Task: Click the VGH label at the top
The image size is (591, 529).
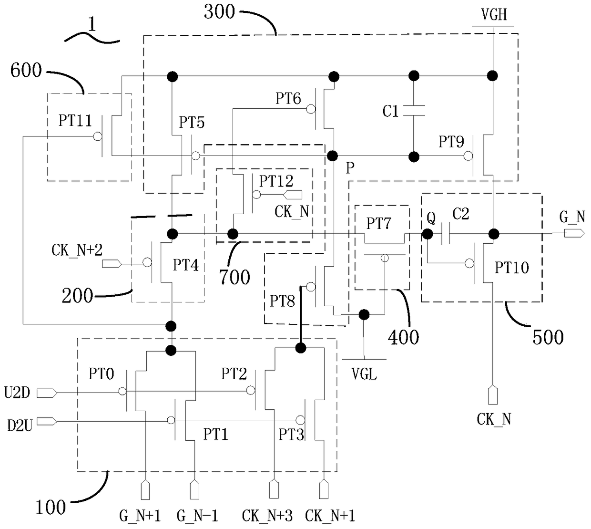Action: pos(494,14)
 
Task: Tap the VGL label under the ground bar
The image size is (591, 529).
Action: pos(364,373)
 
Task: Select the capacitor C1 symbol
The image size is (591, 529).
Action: pos(414,110)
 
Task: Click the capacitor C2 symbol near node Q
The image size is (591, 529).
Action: pos(446,233)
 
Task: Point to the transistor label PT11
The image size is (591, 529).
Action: pos(75,120)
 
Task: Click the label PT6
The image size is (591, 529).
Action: pos(288,98)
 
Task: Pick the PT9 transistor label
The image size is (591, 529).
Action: pos(451,142)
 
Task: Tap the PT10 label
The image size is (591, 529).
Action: pos(512,268)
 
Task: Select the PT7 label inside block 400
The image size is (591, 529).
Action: pos(378,224)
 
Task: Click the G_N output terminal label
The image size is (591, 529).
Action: pos(572,217)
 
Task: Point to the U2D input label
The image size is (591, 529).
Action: pos(17,393)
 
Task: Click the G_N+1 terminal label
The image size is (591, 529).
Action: pos(140,516)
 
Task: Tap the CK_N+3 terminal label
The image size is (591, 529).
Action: pos(267,516)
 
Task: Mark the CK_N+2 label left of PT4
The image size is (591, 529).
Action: pos(77,250)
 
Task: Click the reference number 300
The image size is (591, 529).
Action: pos(219,12)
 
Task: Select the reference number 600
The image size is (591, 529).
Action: pos(26,71)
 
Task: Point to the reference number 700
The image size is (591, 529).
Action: pos(235,277)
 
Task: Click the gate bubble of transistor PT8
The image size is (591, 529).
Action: pos(311,287)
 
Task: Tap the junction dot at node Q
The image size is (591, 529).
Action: pos(428,234)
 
